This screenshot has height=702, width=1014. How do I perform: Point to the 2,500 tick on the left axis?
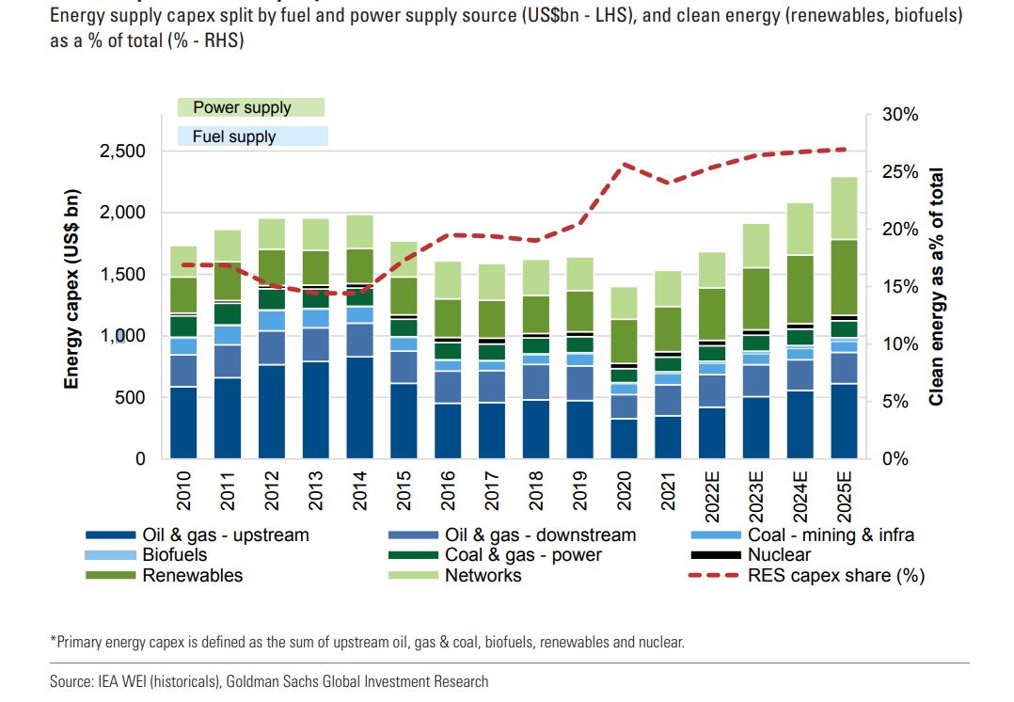pos(122,152)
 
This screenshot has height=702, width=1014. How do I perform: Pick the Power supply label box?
pos(250,107)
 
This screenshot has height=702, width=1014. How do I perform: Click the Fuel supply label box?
pos(252,136)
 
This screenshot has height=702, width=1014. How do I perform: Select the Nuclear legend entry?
pos(779,555)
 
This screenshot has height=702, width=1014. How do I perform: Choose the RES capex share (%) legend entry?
pos(834,575)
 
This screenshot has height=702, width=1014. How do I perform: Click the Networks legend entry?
pos(483,575)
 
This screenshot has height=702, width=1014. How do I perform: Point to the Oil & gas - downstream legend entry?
pos(540,534)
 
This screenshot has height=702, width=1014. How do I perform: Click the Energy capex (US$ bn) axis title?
pos(71,289)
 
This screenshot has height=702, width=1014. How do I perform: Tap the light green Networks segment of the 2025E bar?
pos(844,208)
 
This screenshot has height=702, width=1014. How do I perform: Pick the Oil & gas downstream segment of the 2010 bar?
pos(183,371)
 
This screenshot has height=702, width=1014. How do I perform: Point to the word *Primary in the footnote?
pos(75,642)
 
